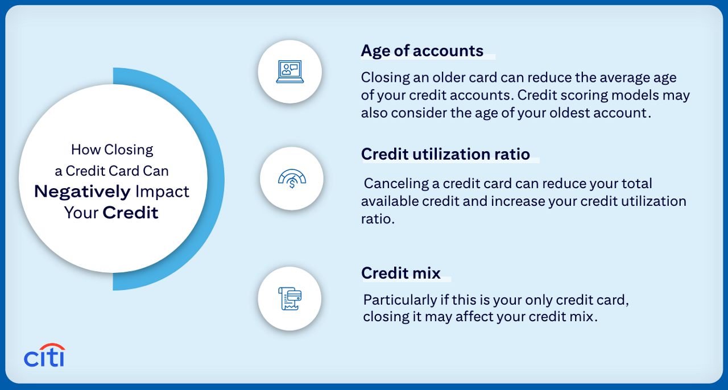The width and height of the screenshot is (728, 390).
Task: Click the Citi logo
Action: point(44,355)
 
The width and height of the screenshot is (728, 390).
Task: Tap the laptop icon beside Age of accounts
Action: point(290,72)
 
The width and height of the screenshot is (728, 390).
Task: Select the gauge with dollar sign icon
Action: point(292,179)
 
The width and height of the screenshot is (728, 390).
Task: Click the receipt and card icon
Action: point(289,298)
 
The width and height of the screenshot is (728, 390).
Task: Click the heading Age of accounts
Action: point(422,51)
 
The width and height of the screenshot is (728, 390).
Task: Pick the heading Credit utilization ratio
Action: point(445,154)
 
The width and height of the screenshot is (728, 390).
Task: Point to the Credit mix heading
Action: point(401,273)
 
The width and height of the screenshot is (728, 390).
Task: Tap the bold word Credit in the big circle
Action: point(130,213)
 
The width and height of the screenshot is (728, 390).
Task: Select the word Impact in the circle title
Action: point(162,192)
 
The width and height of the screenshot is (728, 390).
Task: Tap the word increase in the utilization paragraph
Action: point(514,201)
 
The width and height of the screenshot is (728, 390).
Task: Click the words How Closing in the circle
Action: point(112,150)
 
